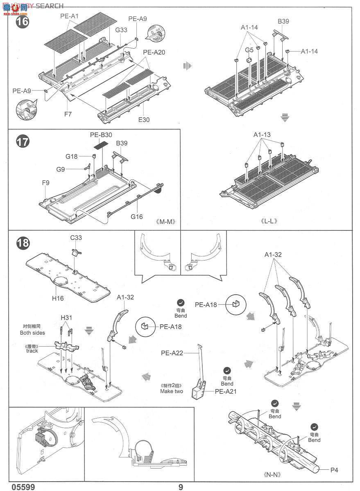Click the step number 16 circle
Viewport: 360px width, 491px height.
pyautogui.click(x=22, y=21)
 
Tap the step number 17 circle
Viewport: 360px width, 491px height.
pyautogui.click(x=22, y=142)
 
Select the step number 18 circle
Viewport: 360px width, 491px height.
pyautogui.click(x=22, y=243)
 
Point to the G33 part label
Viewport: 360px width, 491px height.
pyautogui.click(x=121, y=29)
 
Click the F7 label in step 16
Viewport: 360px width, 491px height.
pyautogui.click(x=68, y=114)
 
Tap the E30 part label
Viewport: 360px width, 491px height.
pyautogui.click(x=145, y=120)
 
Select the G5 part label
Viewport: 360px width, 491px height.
pyautogui.click(x=249, y=50)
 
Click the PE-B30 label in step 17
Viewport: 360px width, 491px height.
pyautogui.click(x=101, y=135)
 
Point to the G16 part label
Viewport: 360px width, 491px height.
pyautogui.click(x=137, y=216)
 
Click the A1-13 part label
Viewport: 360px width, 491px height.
pyautogui.click(x=262, y=135)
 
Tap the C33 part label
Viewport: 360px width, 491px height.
pyautogui.click(x=76, y=238)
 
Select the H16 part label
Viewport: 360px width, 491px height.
pyautogui.click(x=58, y=298)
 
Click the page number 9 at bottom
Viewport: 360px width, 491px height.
pyautogui.click(x=180, y=486)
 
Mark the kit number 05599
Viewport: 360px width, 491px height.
pyautogui.click(x=23, y=486)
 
